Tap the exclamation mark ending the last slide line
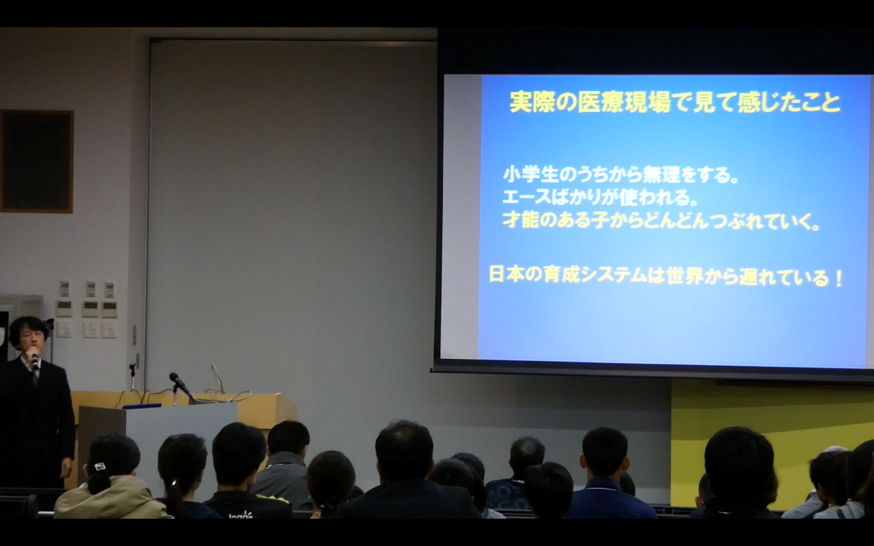click(x=838, y=279)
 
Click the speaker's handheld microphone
click(x=35, y=361)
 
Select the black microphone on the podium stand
click(x=179, y=382)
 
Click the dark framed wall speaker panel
click(x=36, y=162)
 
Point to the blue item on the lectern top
click(x=142, y=406)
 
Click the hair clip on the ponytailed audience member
click(x=100, y=467)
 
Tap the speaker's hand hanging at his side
click(x=67, y=467)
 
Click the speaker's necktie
click(x=34, y=377)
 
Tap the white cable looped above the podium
click(x=216, y=379)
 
